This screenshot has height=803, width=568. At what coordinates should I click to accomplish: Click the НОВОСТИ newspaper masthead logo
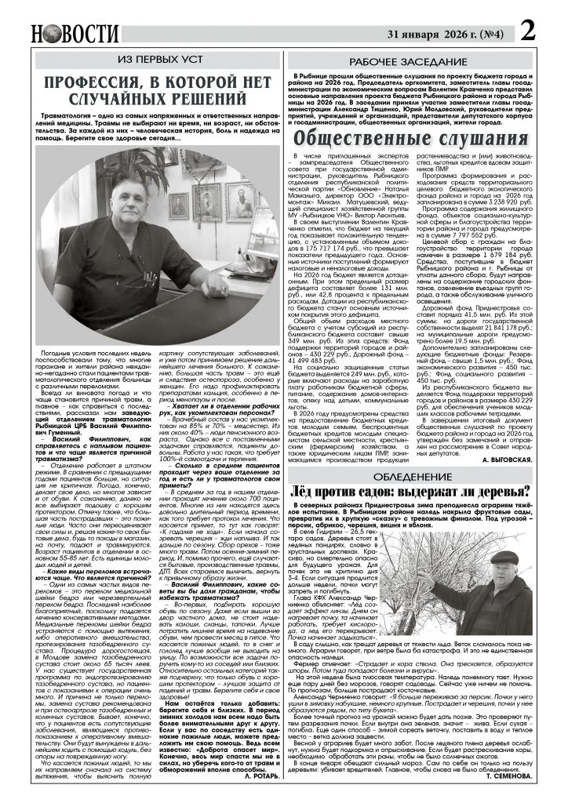(75, 34)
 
